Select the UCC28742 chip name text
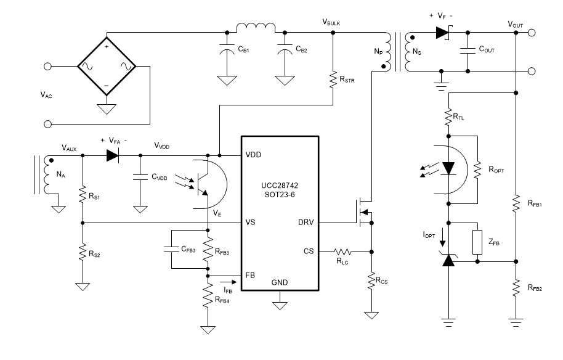coord(280,186)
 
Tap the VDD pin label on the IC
coord(253,155)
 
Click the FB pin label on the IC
coord(251,276)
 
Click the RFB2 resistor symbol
coord(516,287)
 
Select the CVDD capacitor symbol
coord(140,177)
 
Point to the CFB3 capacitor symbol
coord(173,250)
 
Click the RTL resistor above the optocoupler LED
coord(449,116)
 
